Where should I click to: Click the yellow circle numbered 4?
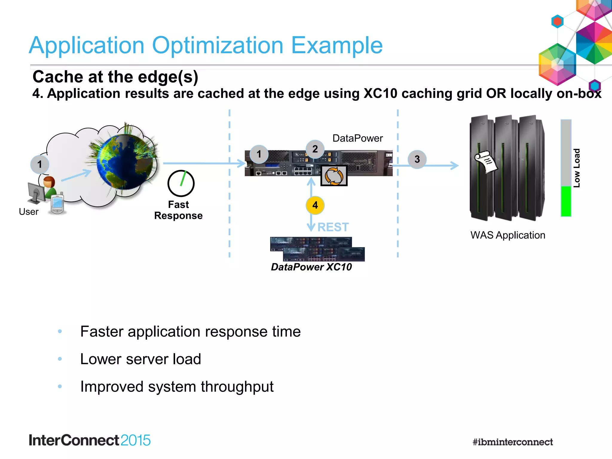coord(315,205)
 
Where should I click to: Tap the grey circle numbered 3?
coord(417,159)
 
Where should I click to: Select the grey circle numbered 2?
coord(315,149)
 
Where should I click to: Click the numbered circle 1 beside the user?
coord(40,164)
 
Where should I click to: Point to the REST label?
coord(333,227)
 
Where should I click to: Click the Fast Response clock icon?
coord(181,183)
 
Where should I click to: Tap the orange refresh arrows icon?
coord(334,176)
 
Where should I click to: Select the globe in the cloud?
coord(126,161)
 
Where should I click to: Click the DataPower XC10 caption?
coord(311,267)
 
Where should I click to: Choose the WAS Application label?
coord(508,235)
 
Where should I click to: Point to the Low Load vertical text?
coord(576,168)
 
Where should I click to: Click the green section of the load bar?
coord(566,201)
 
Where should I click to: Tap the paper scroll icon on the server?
coord(486,162)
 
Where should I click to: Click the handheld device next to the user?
coord(57,205)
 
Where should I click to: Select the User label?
coord(29,212)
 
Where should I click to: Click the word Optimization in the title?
coord(218,45)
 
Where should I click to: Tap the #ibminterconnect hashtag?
coord(512,442)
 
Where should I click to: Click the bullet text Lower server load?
coord(140,359)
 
